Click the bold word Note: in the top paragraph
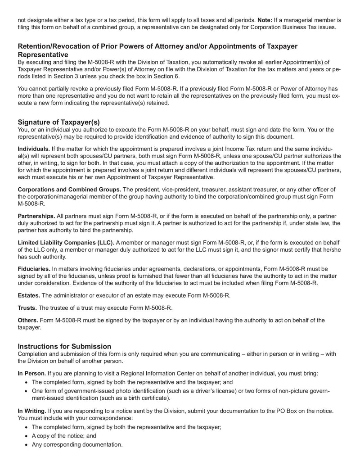265,20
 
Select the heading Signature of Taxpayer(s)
58,122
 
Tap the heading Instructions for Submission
64,346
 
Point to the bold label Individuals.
34,149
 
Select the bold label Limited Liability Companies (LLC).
66,243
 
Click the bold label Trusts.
27,308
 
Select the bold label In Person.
31,373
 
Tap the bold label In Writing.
31,412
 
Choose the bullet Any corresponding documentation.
77,444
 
